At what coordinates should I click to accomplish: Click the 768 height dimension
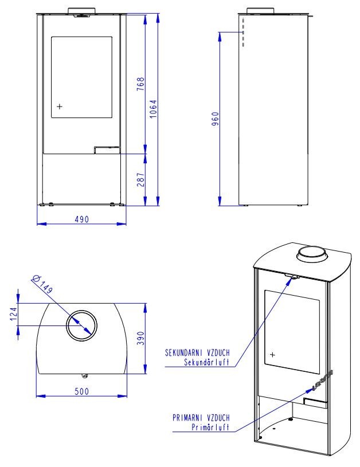pyautogui.click(x=140, y=84)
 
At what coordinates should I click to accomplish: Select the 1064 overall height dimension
pyautogui.click(x=153, y=109)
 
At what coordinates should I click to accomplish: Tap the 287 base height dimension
pyautogui.click(x=140, y=179)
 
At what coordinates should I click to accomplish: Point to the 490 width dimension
pyautogui.click(x=81, y=219)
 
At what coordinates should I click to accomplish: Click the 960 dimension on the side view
pyautogui.click(x=215, y=119)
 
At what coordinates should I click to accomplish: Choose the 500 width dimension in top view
pyautogui.click(x=81, y=391)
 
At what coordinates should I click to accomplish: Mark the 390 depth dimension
pyautogui.click(x=140, y=338)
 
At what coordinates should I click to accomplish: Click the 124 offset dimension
pyautogui.click(x=14, y=314)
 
